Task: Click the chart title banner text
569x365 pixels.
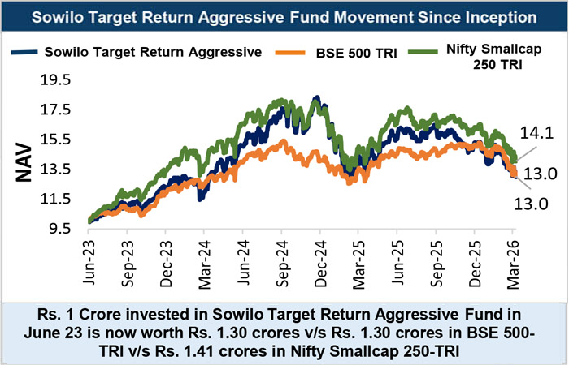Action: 284,16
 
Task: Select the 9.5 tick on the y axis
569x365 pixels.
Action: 59,229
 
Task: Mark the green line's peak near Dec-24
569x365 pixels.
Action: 315,97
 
